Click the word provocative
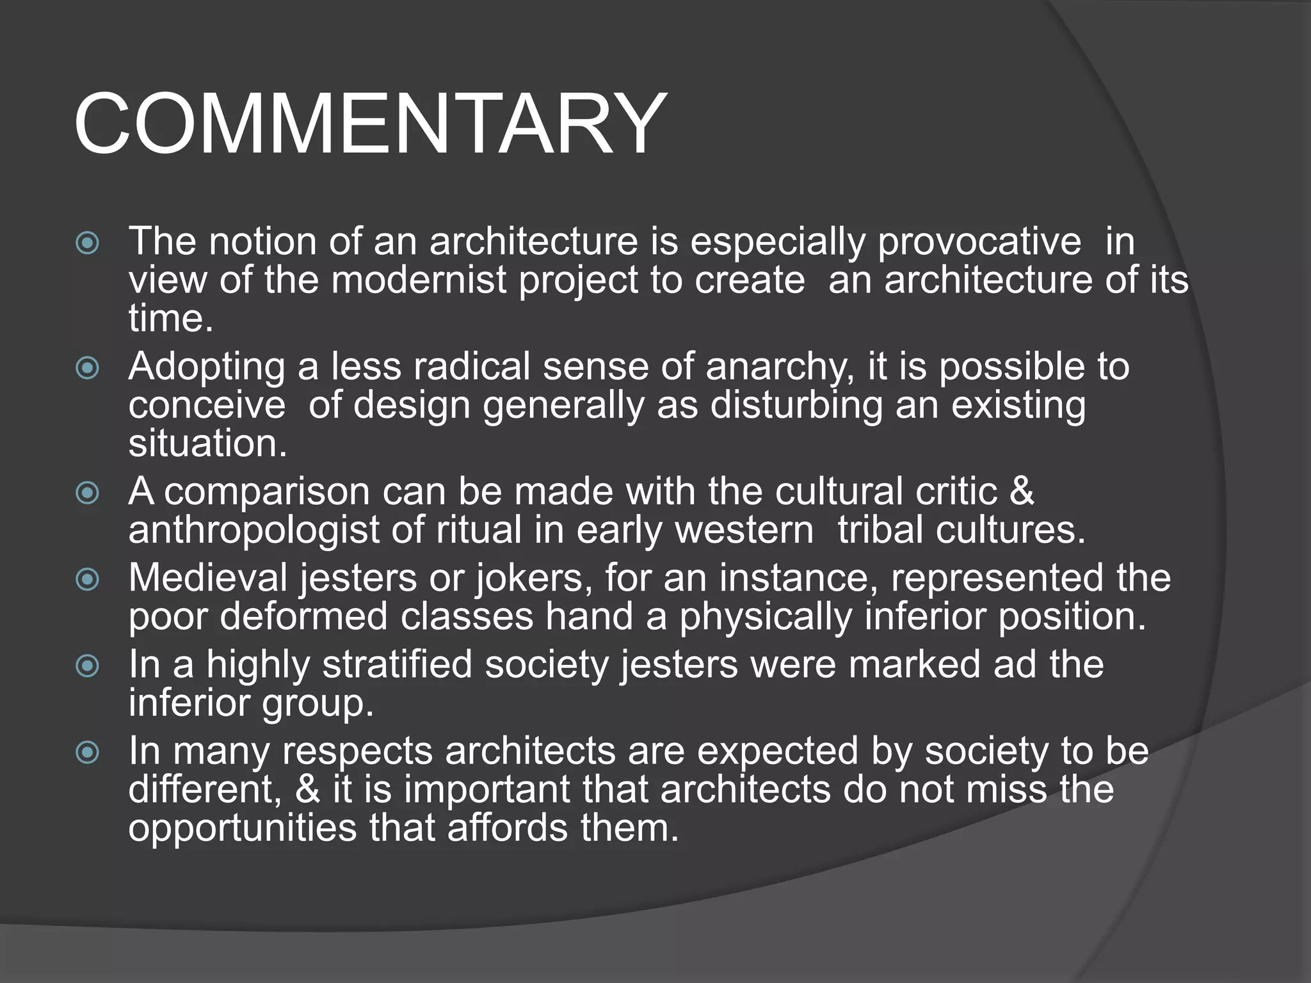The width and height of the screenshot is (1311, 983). tap(979, 241)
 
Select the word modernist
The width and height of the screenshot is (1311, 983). tap(419, 280)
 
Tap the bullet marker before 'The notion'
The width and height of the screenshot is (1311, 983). tap(88, 243)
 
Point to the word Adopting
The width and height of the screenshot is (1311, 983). tap(207, 367)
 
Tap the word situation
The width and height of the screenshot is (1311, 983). tap(207, 443)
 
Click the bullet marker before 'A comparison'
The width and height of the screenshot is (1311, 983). tap(88, 493)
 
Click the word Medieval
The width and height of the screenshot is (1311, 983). tap(208, 578)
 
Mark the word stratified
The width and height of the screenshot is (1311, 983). tap(397, 664)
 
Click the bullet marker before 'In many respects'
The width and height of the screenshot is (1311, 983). tap(88, 752)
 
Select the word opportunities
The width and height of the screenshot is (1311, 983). tap(242, 828)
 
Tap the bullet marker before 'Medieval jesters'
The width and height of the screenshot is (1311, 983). tap(88, 579)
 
